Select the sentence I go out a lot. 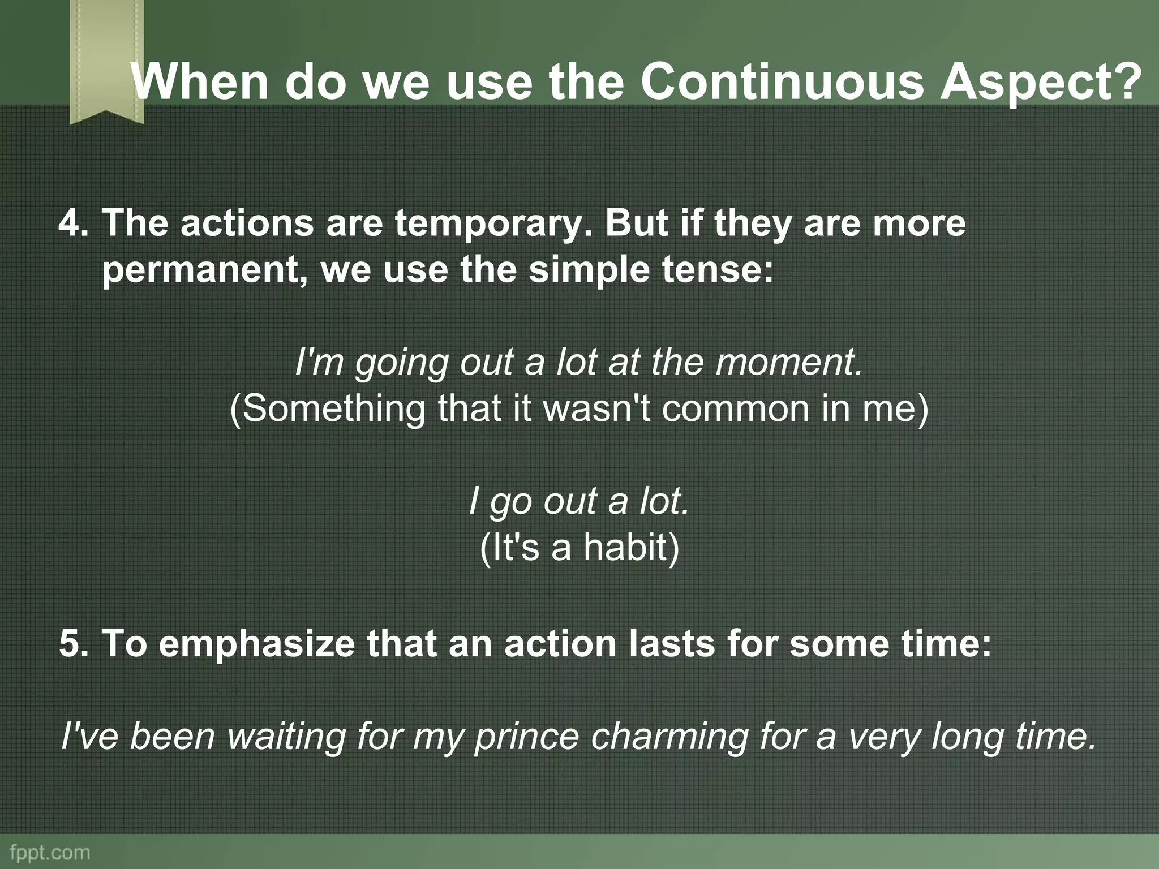(x=579, y=501)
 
